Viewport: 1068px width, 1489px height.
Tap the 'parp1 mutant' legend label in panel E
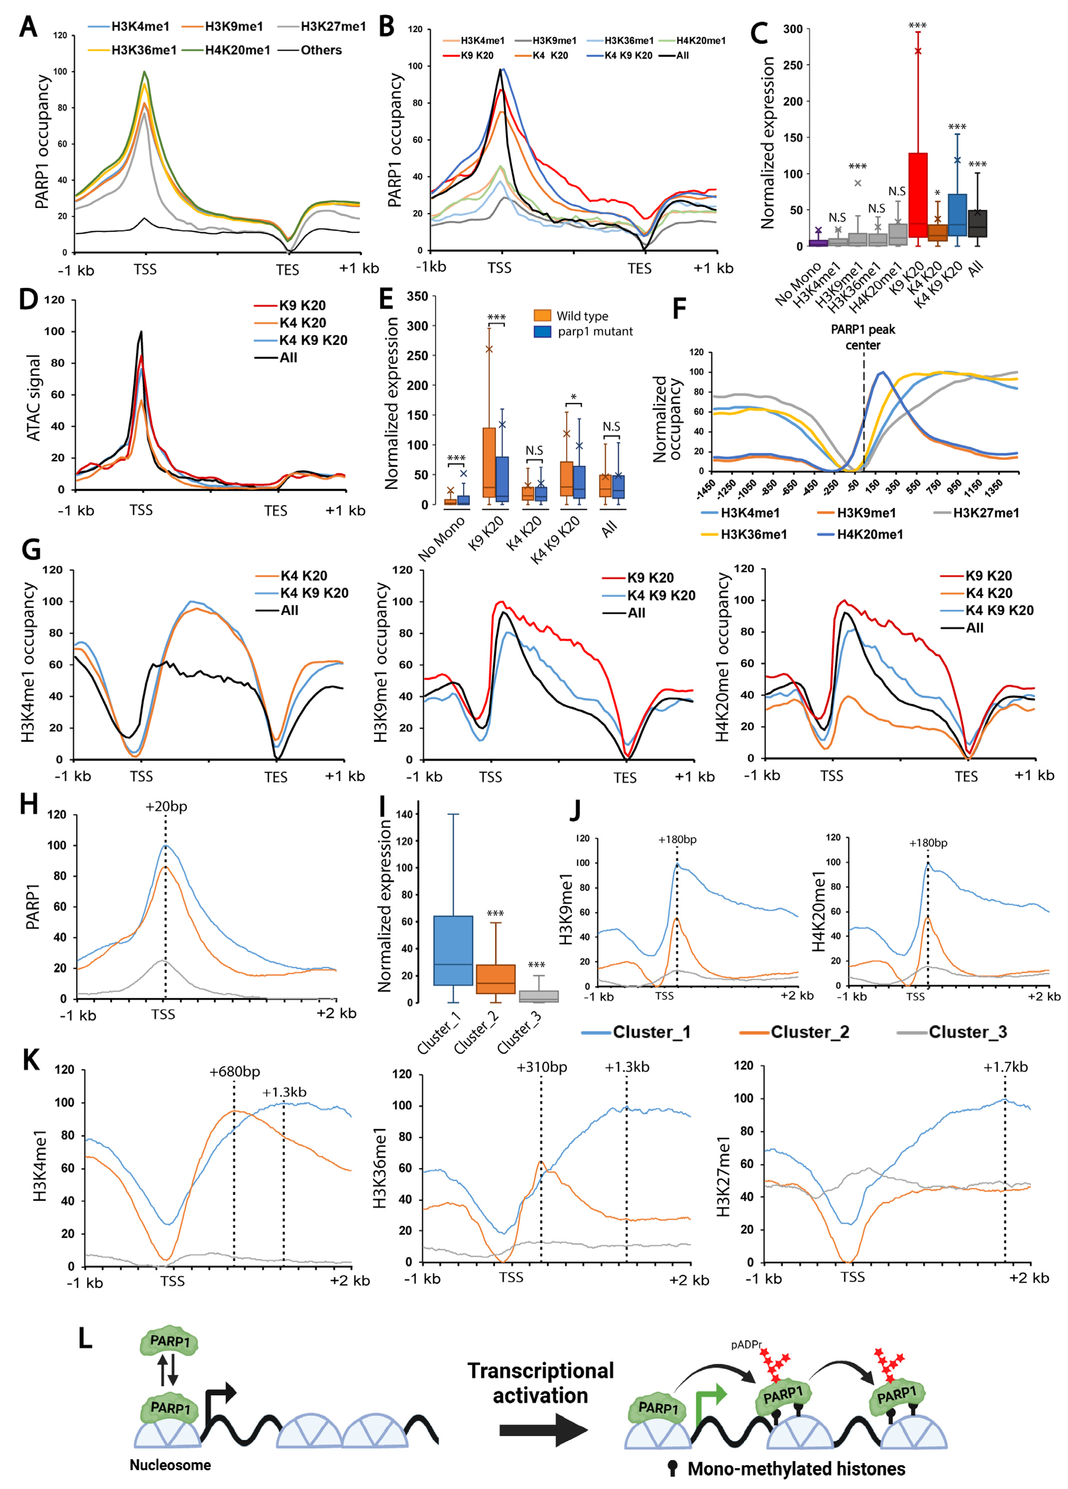pos(595,332)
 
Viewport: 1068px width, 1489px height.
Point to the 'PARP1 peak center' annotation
pos(862,337)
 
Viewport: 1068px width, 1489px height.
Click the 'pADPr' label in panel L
pos(746,1345)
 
